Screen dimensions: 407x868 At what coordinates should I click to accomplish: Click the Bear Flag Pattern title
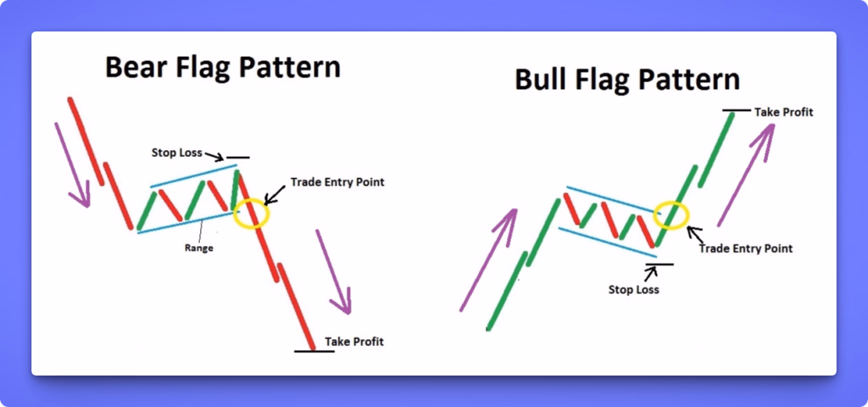point(222,65)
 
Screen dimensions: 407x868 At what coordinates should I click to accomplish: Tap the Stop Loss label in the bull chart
point(633,289)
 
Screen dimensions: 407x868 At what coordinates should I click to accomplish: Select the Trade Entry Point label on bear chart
point(337,182)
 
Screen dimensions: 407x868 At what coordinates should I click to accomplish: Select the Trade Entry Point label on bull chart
point(746,248)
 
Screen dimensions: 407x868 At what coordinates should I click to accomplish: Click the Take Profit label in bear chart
point(353,342)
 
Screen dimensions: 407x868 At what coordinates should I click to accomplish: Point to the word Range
point(201,248)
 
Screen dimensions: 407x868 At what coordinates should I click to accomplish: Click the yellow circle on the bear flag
point(251,213)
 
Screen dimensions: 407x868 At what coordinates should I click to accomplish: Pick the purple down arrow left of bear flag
point(72,165)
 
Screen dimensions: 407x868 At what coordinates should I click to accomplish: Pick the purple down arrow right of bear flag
point(333,270)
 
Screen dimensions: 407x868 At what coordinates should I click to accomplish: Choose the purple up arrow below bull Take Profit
point(747,173)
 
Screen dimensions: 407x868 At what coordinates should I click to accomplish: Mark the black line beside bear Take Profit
point(314,350)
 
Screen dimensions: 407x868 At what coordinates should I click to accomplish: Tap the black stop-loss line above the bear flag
point(238,158)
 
